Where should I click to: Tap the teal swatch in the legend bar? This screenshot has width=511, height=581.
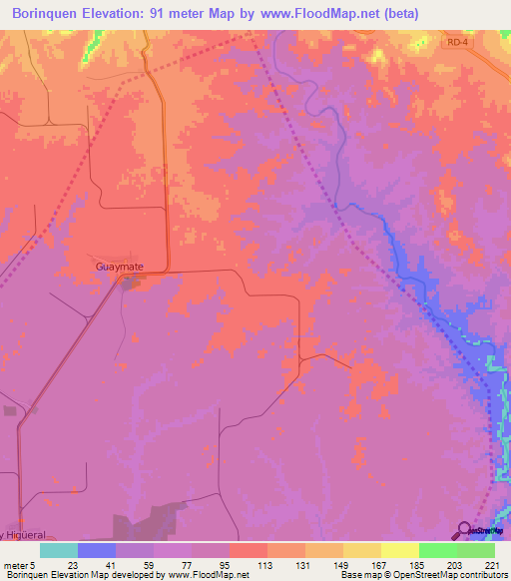(x=59, y=550)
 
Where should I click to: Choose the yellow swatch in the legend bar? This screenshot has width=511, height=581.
(x=399, y=550)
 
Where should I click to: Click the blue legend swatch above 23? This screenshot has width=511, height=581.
(x=97, y=550)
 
